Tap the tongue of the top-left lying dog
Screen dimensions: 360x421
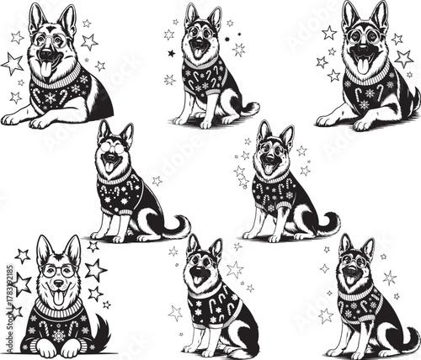click(45, 67)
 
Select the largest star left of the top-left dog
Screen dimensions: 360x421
click(13, 63)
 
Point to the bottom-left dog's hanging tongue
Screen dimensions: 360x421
click(57, 299)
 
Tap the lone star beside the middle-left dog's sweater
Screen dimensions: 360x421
click(157, 180)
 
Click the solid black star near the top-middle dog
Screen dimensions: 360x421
click(170, 53)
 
